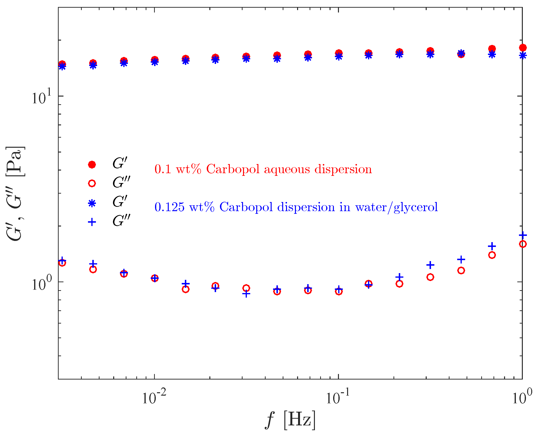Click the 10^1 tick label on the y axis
coord(41,97)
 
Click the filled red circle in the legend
coord(92,165)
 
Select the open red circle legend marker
coord(92,184)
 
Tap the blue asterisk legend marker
coord(92,203)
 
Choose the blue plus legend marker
coord(92,222)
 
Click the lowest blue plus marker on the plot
coord(246,294)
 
